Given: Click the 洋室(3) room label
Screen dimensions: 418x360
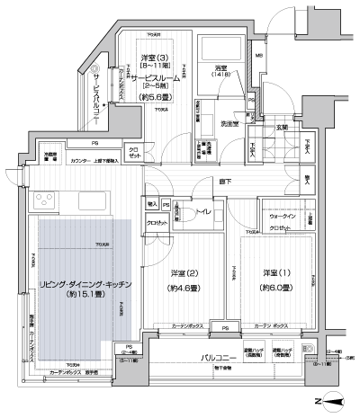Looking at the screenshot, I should click(x=151, y=57).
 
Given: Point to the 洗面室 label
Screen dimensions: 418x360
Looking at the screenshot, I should click(x=229, y=123).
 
